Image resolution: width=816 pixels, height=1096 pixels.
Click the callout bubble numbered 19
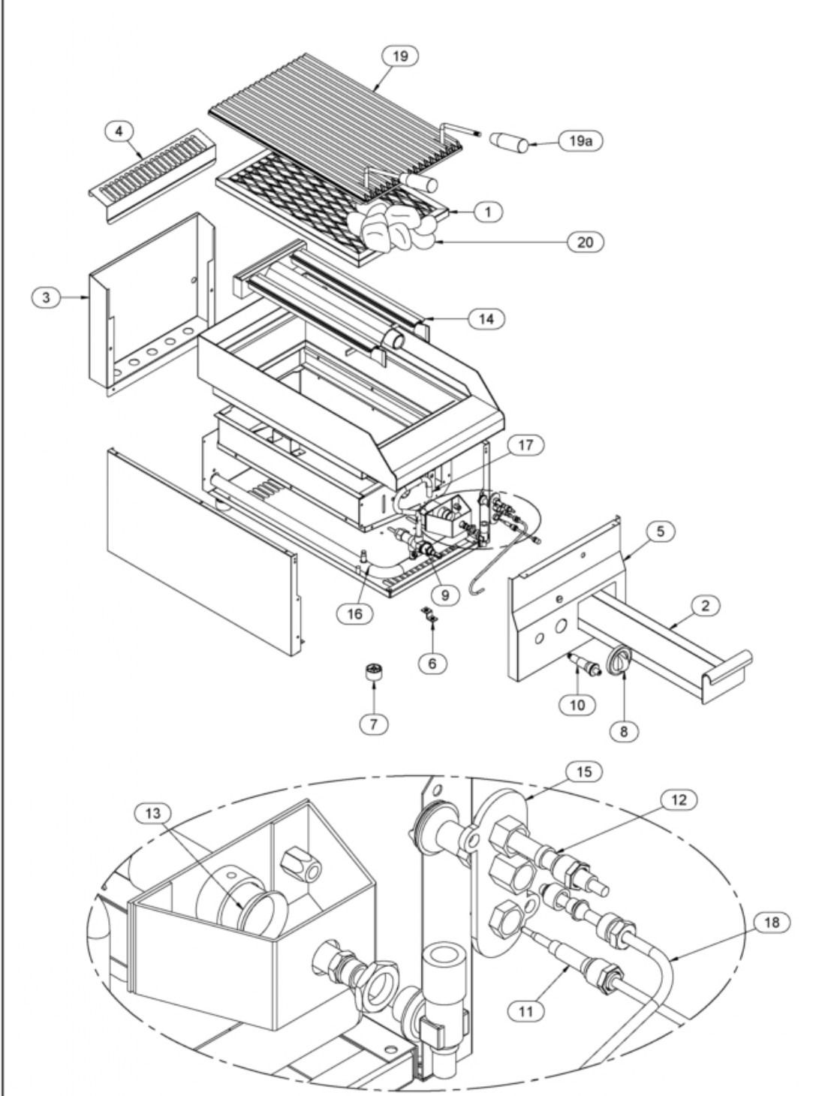point(400,56)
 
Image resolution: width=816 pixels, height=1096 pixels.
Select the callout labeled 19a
point(581,141)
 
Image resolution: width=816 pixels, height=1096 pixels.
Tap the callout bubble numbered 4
point(119,131)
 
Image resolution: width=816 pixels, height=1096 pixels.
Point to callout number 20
point(585,242)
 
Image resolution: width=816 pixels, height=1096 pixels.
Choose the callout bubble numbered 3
point(47,297)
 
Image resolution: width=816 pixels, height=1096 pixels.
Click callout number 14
point(487,319)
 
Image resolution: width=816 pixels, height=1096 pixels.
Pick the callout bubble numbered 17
point(526,444)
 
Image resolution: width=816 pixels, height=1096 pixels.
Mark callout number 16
point(355,613)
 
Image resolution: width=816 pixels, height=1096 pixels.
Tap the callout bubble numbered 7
point(374,724)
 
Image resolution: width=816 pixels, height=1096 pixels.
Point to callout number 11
point(526,1011)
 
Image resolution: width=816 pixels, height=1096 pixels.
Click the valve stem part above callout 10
point(584,663)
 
